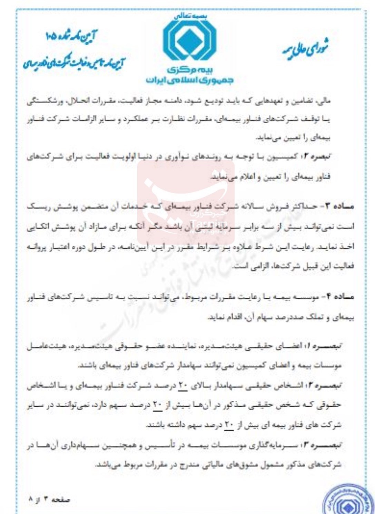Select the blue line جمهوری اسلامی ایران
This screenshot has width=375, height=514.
click(189, 80)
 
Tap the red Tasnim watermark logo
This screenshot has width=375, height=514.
click(186, 202)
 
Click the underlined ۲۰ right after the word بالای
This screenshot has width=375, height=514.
click(182, 386)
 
